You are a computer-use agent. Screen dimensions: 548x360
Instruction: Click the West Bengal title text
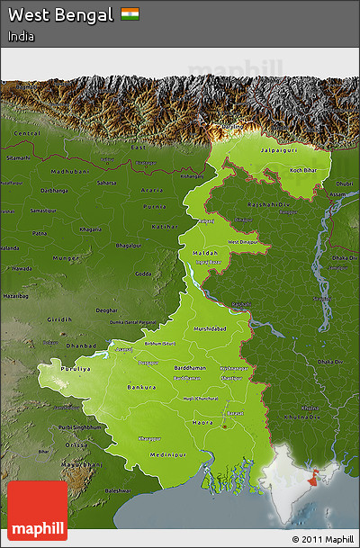tap(61, 15)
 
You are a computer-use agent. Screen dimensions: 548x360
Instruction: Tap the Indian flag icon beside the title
tap(130, 14)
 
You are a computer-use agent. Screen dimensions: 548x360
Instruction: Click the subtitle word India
tap(23, 37)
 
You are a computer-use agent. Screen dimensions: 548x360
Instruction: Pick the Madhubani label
tap(69, 170)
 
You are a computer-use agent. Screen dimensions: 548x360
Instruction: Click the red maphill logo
tap(37, 510)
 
